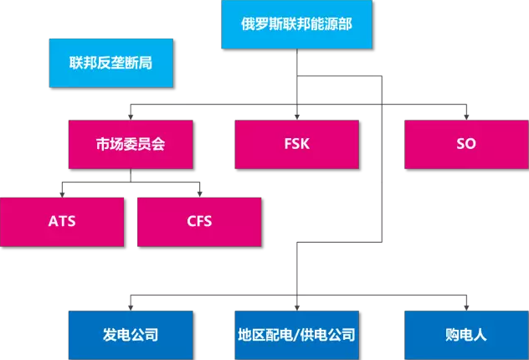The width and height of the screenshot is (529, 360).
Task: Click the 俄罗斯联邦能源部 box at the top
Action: [297, 24]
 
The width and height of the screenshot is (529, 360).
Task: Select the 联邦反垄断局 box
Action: [111, 63]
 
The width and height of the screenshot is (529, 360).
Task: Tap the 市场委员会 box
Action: [131, 144]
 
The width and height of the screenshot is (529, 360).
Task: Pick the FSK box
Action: [297, 144]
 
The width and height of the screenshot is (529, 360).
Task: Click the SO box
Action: [466, 144]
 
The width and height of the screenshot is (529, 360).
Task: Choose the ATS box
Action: [62, 222]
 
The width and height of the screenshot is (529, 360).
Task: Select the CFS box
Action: [199, 222]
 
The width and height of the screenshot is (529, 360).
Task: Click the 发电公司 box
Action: [131, 336]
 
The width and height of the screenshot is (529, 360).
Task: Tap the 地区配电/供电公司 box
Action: [297, 336]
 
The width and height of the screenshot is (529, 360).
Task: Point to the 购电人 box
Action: [466, 336]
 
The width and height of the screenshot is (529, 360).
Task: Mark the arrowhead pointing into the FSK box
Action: [297, 116]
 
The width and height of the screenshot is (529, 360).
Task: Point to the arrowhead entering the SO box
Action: [466, 116]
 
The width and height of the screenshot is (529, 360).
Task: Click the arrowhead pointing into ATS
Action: [62, 193]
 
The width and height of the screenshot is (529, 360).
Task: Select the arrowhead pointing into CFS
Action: [199, 193]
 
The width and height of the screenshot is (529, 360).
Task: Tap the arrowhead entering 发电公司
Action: [131, 307]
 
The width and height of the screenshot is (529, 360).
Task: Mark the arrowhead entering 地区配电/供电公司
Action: [297, 307]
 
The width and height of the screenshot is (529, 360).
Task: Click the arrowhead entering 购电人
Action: [466, 307]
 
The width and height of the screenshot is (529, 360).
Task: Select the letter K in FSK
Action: [306, 144]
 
